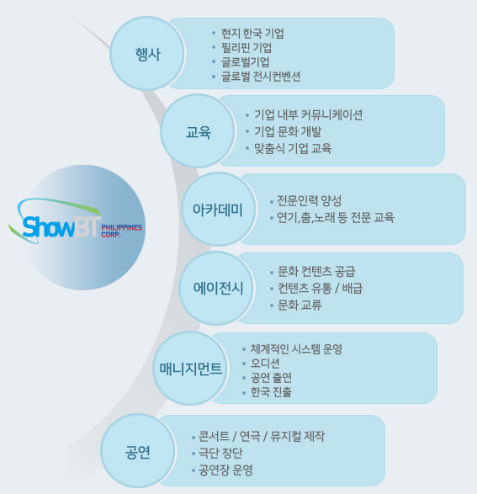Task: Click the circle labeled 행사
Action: [148, 54]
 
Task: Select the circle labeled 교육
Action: [198, 131]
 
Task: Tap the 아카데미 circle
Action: [219, 210]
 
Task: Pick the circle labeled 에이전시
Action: [217, 288]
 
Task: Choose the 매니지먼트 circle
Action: [191, 368]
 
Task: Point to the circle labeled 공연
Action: [138, 451]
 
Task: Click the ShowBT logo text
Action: [61, 226]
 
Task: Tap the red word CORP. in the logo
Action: [111, 235]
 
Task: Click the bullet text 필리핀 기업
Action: [246, 48]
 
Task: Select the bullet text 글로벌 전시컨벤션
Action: [261, 77]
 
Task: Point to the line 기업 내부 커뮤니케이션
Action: [308, 114]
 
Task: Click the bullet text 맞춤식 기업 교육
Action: [293, 148]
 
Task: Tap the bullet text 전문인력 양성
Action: [310, 200]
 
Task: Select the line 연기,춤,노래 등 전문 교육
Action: [336, 217]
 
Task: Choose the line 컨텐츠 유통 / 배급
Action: [320, 288]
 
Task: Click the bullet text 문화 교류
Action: [299, 305]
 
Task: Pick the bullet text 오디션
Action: [265, 364]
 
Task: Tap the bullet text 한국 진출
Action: [271, 392]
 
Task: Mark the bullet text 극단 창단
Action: [220, 453]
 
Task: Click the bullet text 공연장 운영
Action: [225, 470]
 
